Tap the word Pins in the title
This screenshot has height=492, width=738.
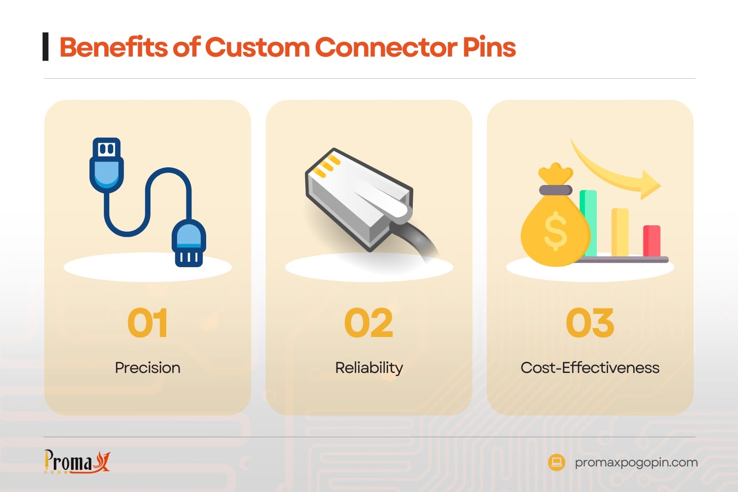489,48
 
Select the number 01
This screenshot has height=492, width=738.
148,323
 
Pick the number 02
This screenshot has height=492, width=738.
369,323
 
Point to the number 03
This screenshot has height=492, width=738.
590,323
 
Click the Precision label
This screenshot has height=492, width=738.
148,368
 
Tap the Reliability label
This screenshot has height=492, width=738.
369,368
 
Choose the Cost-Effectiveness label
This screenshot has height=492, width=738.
590,368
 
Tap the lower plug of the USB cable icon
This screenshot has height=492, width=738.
189,244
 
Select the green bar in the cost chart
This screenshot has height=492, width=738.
589,221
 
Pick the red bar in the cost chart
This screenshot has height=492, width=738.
651,241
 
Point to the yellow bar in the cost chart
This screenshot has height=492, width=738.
620,231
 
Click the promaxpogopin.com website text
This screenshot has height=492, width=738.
636,462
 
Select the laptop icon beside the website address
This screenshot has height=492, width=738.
556,462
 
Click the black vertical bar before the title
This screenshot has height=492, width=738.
46,47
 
